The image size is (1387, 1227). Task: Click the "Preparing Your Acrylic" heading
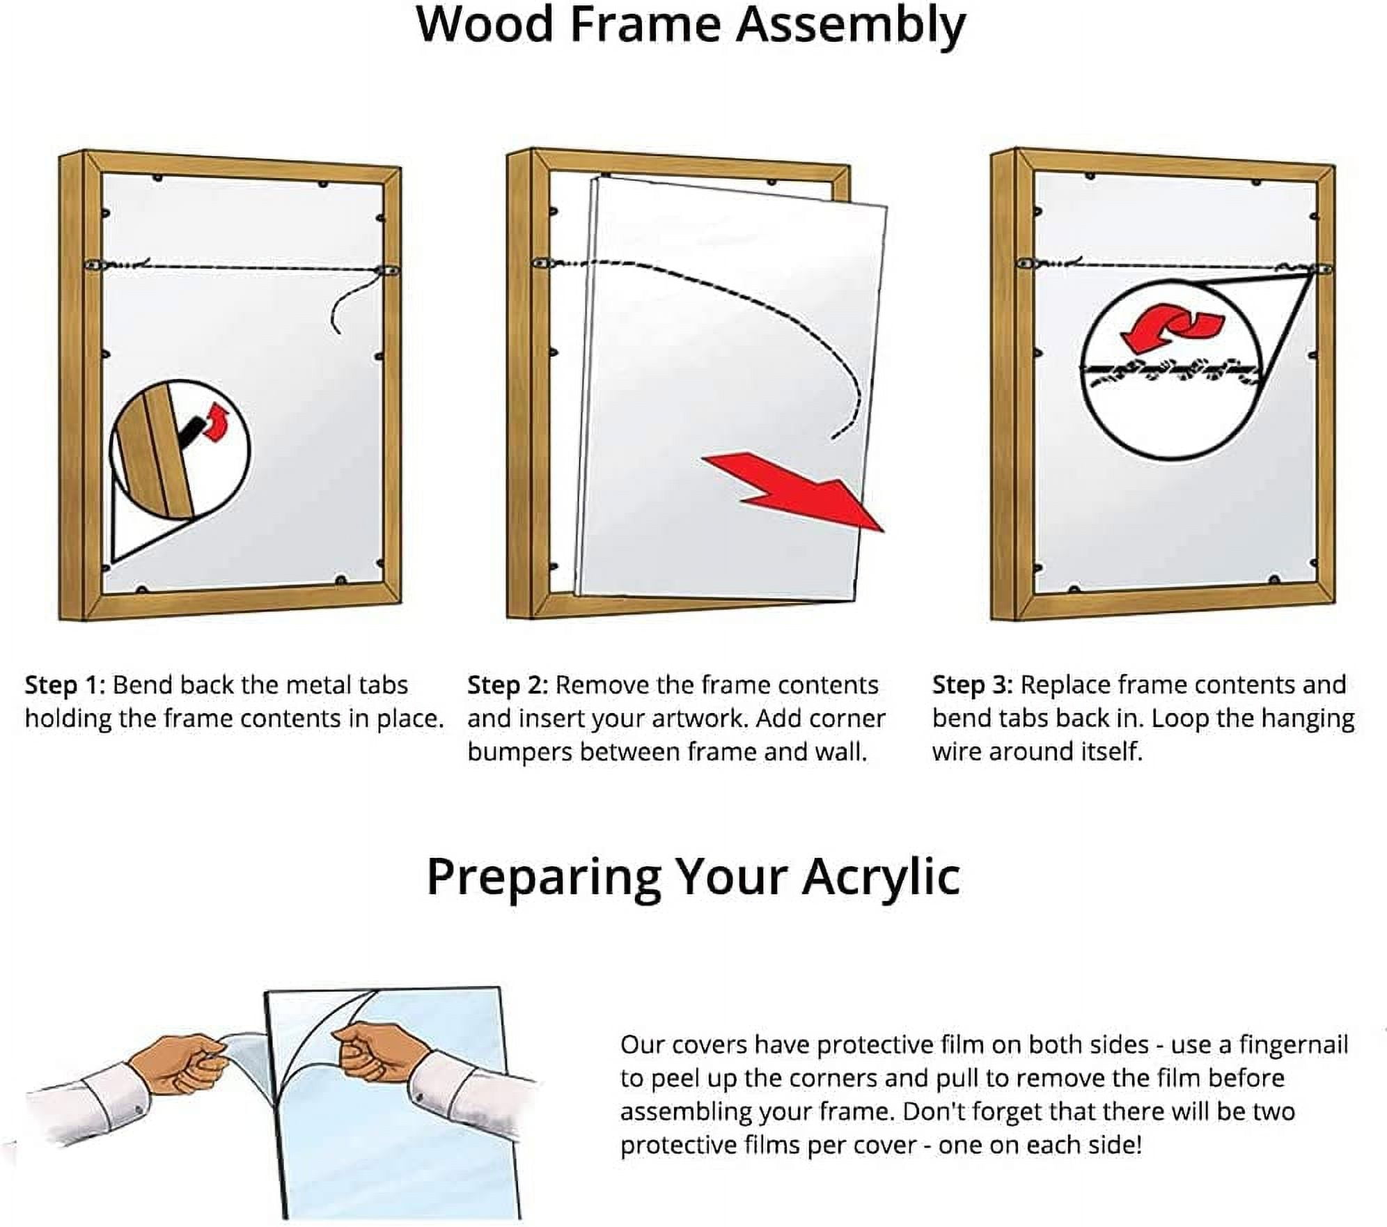pyautogui.click(x=693, y=878)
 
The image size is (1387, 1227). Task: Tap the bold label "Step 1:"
pyautogui.click(x=65, y=685)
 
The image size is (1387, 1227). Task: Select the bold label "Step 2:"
pyautogui.click(x=508, y=685)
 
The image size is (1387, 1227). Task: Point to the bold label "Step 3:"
pyautogui.click(x=973, y=685)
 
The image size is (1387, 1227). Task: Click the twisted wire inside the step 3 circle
pyautogui.click(x=1171, y=372)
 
